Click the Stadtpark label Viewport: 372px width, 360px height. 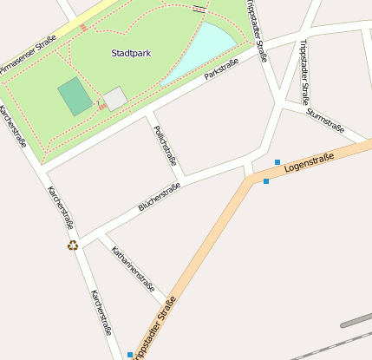click(131, 53)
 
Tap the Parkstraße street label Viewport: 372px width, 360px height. click(221, 70)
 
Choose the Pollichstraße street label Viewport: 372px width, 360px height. click(165, 145)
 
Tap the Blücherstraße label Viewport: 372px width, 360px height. click(159, 199)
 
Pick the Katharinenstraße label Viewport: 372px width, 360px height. click(134, 269)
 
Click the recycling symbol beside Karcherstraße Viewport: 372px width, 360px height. click(73, 245)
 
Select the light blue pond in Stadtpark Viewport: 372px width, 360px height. click(205, 50)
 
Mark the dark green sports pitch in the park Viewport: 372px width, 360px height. click(75, 96)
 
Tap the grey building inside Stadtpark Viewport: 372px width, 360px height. click(115, 98)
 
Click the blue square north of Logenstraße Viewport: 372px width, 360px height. click(277, 162)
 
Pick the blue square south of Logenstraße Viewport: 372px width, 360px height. click(266, 181)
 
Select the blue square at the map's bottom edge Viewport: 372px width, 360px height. click(130, 355)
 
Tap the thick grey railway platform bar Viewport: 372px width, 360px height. click(356, 319)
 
